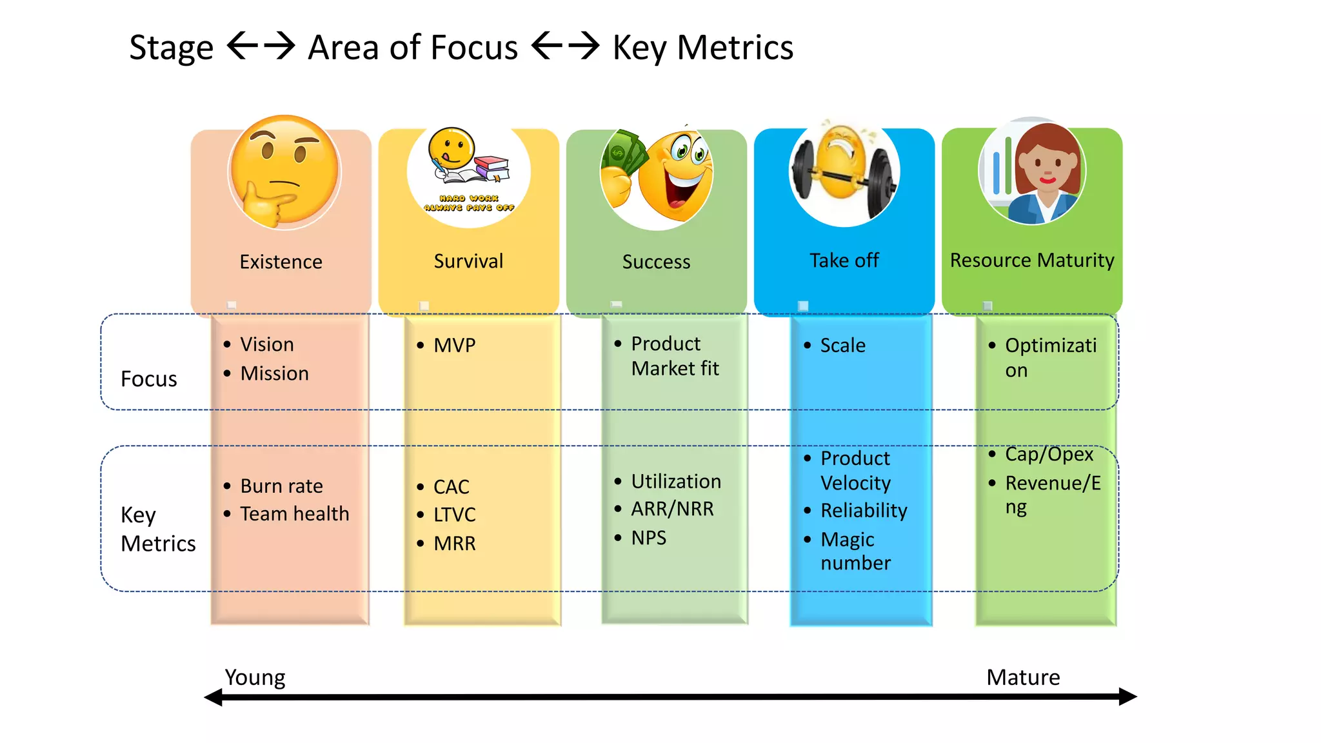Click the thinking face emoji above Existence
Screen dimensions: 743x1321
(x=284, y=172)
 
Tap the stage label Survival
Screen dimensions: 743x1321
(x=468, y=261)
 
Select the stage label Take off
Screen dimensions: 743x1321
(x=844, y=261)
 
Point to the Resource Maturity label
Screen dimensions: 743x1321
(x=1032, y=261)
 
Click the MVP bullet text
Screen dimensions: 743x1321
(x=454, y=346)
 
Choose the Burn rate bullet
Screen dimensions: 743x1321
(x=281, y=486)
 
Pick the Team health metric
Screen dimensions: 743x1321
(x=294, y=514)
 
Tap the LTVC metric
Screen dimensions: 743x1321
(x=454, y=515)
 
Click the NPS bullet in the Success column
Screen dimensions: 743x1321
(x=648, y=538)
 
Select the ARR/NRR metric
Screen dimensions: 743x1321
(x=672, y=510)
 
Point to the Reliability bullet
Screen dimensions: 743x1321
(x=864, y=511)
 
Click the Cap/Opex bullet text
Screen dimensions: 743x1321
(x=1049, y=455)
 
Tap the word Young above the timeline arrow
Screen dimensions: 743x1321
(x=255, y=677)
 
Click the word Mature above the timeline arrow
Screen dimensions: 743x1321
(x=1023, y=677)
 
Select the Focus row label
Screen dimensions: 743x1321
(x=148, y=379)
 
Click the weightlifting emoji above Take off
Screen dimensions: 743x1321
(x=844, y=171)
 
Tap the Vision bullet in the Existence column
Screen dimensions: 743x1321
(x=267, y=344)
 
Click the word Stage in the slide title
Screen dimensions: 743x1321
(x=171, y=48)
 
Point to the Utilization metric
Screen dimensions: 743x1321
(x=676, y=482)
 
